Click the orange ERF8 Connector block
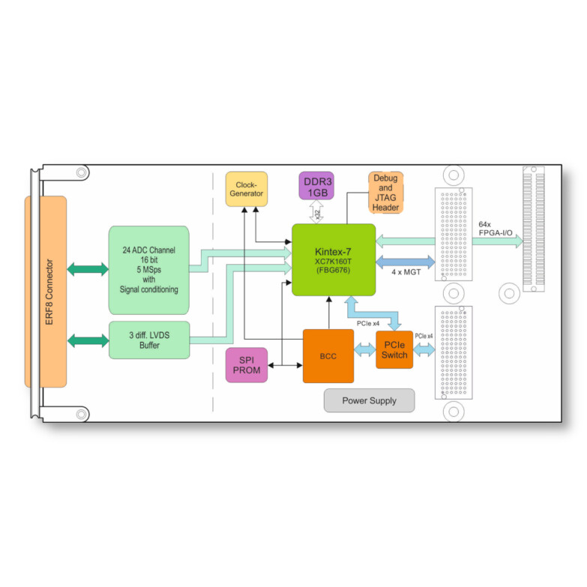46,291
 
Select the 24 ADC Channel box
148,259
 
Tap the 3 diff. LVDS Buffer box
148,340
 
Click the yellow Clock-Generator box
246,189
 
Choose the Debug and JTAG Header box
386,192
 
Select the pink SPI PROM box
247,365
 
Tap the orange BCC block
328,356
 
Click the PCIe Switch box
394,349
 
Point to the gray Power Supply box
369,400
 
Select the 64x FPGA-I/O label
496,229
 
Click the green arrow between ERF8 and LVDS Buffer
88,341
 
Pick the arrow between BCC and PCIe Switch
365,350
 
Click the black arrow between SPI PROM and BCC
286,366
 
